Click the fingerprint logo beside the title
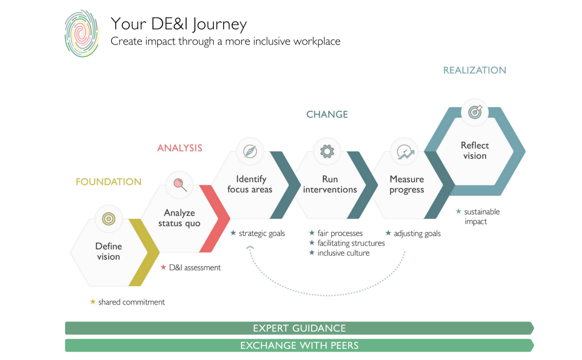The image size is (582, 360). coord(82,33)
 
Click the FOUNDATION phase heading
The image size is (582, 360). coord(108,182)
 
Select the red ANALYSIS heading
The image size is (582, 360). coord(179,148)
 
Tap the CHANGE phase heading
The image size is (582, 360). coord(327,115)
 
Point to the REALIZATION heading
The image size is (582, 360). coord(474,70)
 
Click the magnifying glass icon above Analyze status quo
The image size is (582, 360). coord(180,184)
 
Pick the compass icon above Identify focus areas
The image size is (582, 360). coord(250,151)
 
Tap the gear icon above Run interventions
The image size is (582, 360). coord(327,151)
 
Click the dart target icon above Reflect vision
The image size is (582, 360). coord(475,112)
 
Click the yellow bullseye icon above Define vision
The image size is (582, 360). coord(109,219)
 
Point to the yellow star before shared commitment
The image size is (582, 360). coord(93,302)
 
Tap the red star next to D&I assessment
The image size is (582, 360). coord(163,267)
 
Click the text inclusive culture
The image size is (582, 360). coord(343,253)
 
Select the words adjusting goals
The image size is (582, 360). coord(417,233)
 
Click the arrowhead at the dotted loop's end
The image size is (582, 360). coord(250,247)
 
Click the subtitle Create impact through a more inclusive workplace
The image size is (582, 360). coord(225,41)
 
